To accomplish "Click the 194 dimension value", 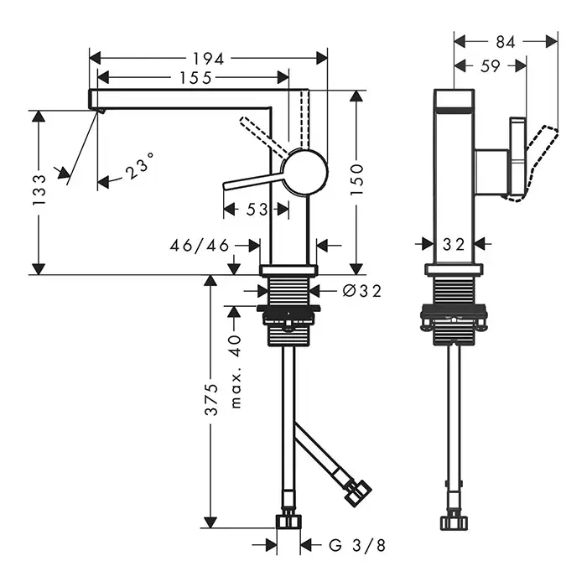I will point(208,58).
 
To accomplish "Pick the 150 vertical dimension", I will point(356,179).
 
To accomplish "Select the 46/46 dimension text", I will point(200,245).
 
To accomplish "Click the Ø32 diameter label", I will point(362,291).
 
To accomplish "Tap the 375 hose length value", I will point(212,400).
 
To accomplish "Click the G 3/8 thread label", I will point(356,546).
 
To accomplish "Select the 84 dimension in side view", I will point(505,40).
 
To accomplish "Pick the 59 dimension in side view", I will point(491,66).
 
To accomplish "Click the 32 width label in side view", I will point(453,244).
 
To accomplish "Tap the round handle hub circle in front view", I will point(305,171).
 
